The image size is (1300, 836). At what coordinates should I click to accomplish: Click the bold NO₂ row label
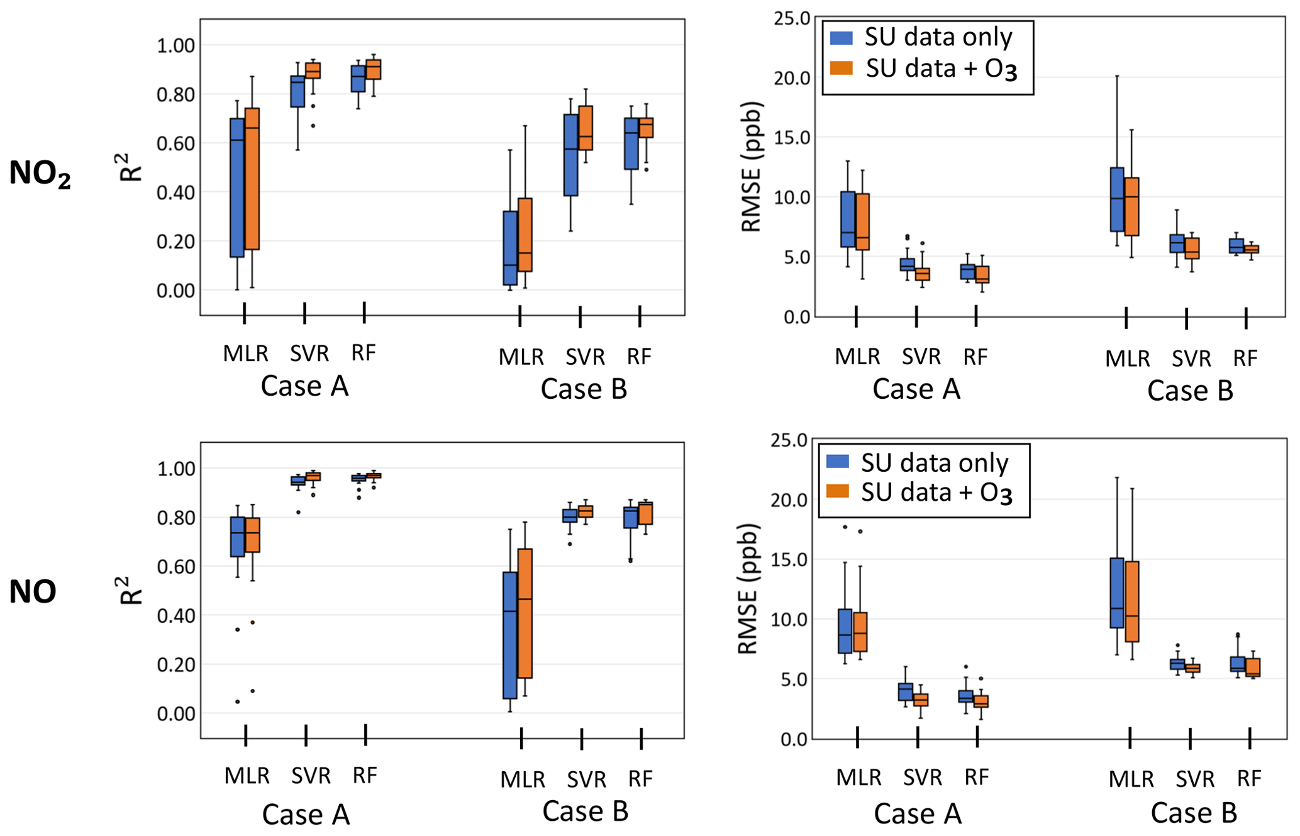click(40, 174)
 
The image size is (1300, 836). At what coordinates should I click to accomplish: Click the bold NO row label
click(33, 592)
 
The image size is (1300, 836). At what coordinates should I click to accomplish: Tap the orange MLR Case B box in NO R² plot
click(525, 613)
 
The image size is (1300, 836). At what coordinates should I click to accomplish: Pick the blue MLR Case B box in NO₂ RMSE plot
click(1117, 199)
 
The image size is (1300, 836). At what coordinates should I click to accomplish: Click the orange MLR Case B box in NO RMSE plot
click(1132, 601)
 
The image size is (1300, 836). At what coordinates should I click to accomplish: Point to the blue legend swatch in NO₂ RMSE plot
click(841, 38)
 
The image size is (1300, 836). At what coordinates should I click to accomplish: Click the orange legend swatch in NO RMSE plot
click(838, 491)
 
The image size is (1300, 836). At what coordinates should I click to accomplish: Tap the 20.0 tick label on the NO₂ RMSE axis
click(792, 78)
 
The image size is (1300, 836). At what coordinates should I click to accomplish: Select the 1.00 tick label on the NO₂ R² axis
click(176, 45)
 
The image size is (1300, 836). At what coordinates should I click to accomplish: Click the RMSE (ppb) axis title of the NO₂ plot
click(752, 167)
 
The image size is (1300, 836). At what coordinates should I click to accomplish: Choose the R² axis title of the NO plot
click(130, 590)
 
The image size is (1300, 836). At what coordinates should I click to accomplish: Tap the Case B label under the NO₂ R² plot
click(584, 389)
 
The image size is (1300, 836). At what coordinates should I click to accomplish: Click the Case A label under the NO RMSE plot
click(918, 813)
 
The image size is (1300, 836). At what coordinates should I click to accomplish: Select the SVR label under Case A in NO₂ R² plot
click(309, 354)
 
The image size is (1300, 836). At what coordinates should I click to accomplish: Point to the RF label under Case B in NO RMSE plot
click(1248, 779)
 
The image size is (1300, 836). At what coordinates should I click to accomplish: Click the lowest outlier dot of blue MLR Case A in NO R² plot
click(237, 701)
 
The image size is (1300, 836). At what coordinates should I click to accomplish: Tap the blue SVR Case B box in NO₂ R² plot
click(570, 155)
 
